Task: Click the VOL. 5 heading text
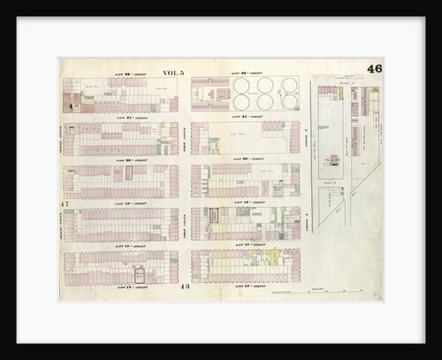(172, 73)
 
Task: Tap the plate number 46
(374, 70)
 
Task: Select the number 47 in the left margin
(65, 205)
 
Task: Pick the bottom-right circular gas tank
(289, 103)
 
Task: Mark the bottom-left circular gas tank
(240, 103)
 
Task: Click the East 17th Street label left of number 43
(126, 285)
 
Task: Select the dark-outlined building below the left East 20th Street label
(128, 174)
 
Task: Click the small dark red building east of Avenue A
(335, 160)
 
